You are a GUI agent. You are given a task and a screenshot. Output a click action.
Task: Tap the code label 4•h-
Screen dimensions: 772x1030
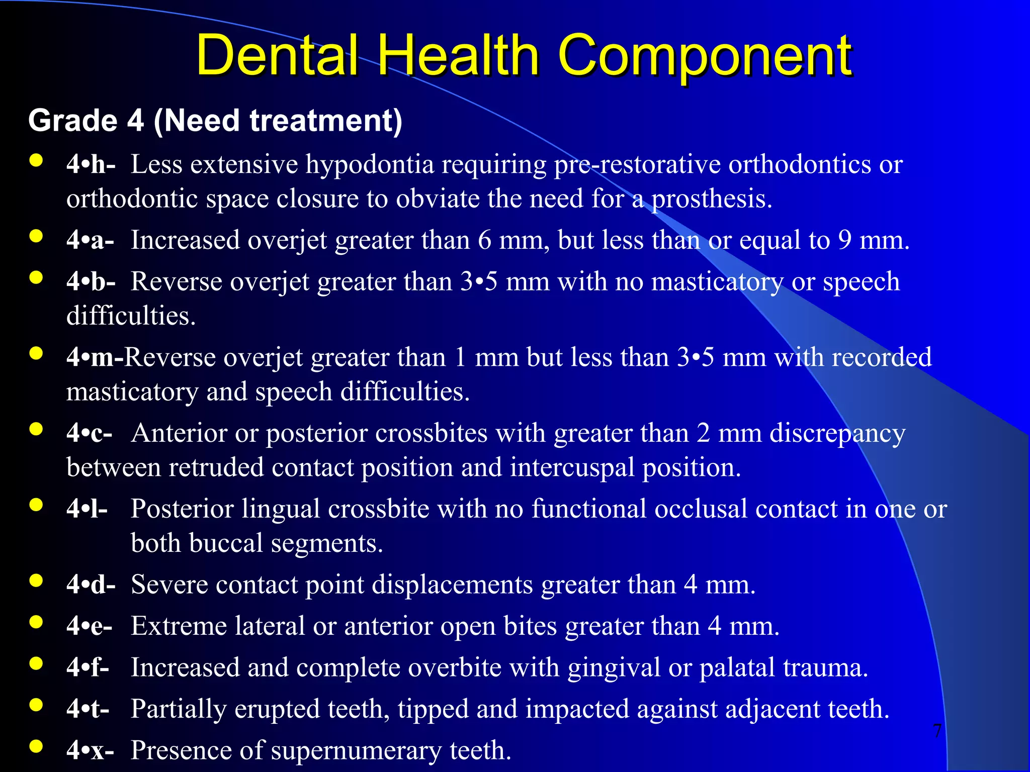[x=91, y=164]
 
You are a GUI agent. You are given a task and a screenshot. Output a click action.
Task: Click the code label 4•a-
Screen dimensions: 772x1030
[x=90, y=240]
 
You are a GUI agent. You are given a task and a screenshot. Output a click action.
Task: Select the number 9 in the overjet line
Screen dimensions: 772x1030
[x=845, y=240]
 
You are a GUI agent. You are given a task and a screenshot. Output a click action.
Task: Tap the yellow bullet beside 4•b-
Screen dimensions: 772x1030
[x=36, y=278]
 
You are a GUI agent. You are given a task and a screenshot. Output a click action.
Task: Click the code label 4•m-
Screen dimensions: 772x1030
[x=95, y=357]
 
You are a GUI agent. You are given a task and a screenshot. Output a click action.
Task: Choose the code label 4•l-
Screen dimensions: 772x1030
[x=87, y=509]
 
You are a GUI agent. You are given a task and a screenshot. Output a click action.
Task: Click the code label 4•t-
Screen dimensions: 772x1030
[x=88, y=709]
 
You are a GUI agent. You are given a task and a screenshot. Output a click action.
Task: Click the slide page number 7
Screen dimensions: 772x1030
[x=937, y=731]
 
